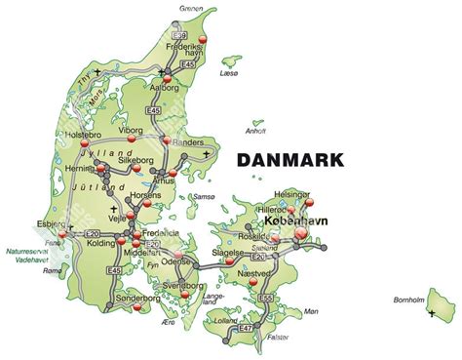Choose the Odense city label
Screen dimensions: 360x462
(x=177, y=262)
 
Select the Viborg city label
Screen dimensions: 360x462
(x=130, y=129)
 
